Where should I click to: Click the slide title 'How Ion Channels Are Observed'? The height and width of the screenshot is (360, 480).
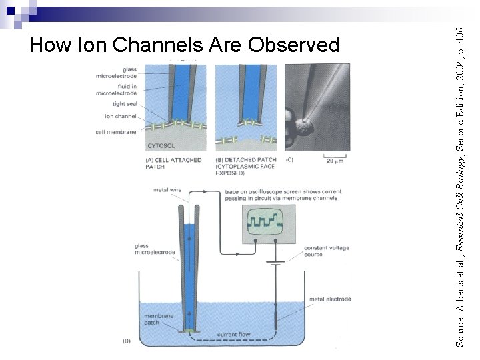pyautogui.click(x=185, y=45)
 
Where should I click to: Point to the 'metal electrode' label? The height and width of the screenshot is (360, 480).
pyautogui.click(x=330, y=299)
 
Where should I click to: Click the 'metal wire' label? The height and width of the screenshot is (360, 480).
pyautogui.click(x=167, y=190)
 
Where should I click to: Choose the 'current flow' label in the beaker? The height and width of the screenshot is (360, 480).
pyautogui.click(x=234, y=334)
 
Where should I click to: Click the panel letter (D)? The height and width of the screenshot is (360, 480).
pyautogui.click(x=127, y=341)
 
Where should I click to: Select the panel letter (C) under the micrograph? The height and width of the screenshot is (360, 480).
pyautogui.click(x=289, y=160)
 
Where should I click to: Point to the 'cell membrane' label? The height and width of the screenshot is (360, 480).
pyautogui.click(x=116, y=132)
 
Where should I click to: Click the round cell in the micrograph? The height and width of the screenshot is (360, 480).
pyautogui.click(x=305, y=127)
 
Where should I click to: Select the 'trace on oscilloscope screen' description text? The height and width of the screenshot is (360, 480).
pyautogui.click(x=282, y=195)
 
